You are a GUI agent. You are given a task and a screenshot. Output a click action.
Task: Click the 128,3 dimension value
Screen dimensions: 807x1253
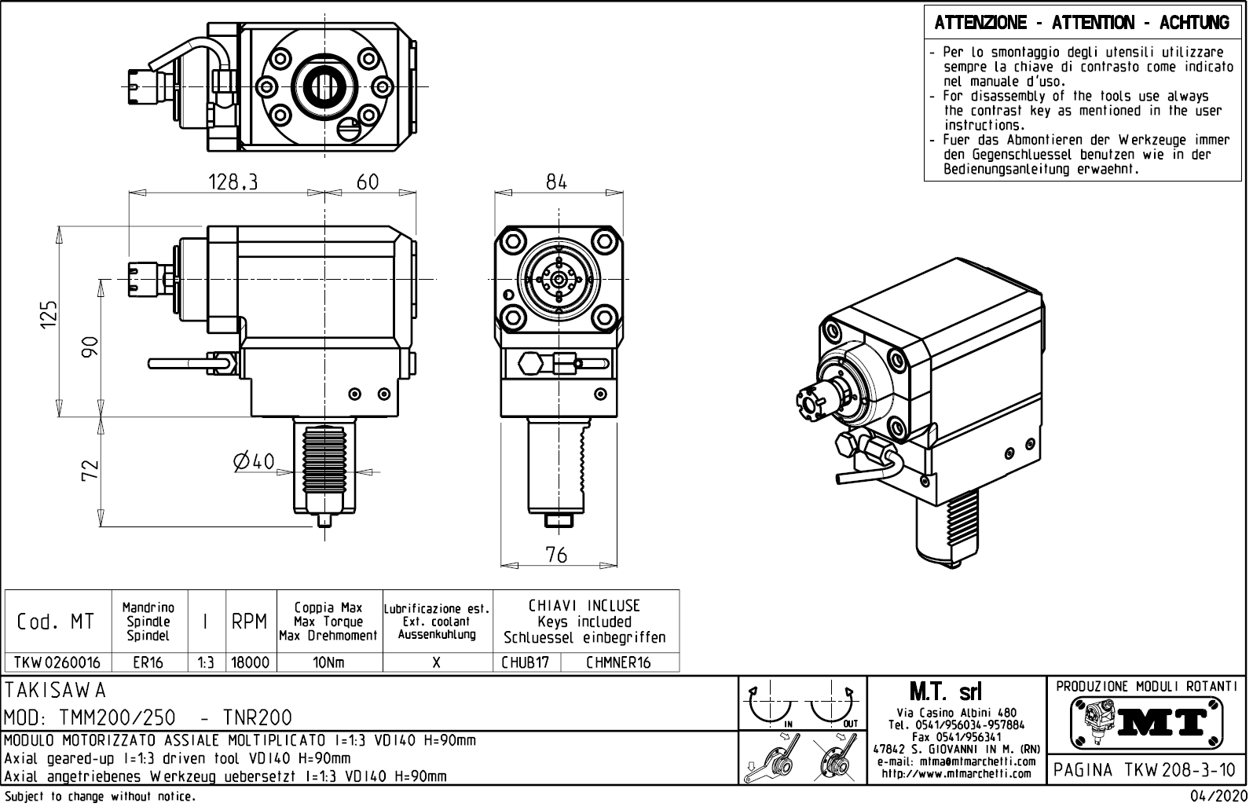click(233, 182)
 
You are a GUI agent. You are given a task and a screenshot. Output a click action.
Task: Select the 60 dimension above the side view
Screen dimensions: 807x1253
click(368, 182)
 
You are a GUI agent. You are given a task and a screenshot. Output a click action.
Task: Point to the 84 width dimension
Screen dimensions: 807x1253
click(556, 182)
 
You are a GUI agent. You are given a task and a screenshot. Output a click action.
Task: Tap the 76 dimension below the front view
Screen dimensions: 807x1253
click(556, 555)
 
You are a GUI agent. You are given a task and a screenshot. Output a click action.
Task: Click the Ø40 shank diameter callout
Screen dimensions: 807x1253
click(254, 461)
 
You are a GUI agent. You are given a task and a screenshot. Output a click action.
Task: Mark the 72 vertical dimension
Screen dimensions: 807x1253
click(91, 470)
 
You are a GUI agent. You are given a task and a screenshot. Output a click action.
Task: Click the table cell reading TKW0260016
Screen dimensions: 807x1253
click(58, 662)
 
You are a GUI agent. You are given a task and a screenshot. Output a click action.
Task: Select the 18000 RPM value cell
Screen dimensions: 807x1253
click(251, 662)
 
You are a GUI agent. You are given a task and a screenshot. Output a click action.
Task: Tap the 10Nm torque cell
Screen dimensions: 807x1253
click(329, 662)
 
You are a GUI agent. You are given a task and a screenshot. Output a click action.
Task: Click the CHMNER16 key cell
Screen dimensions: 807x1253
click(619, 662)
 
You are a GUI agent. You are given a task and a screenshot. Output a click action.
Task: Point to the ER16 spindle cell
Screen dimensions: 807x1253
click(148, 662)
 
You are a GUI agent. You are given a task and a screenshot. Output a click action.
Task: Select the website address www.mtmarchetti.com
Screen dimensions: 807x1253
click(956, 774)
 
